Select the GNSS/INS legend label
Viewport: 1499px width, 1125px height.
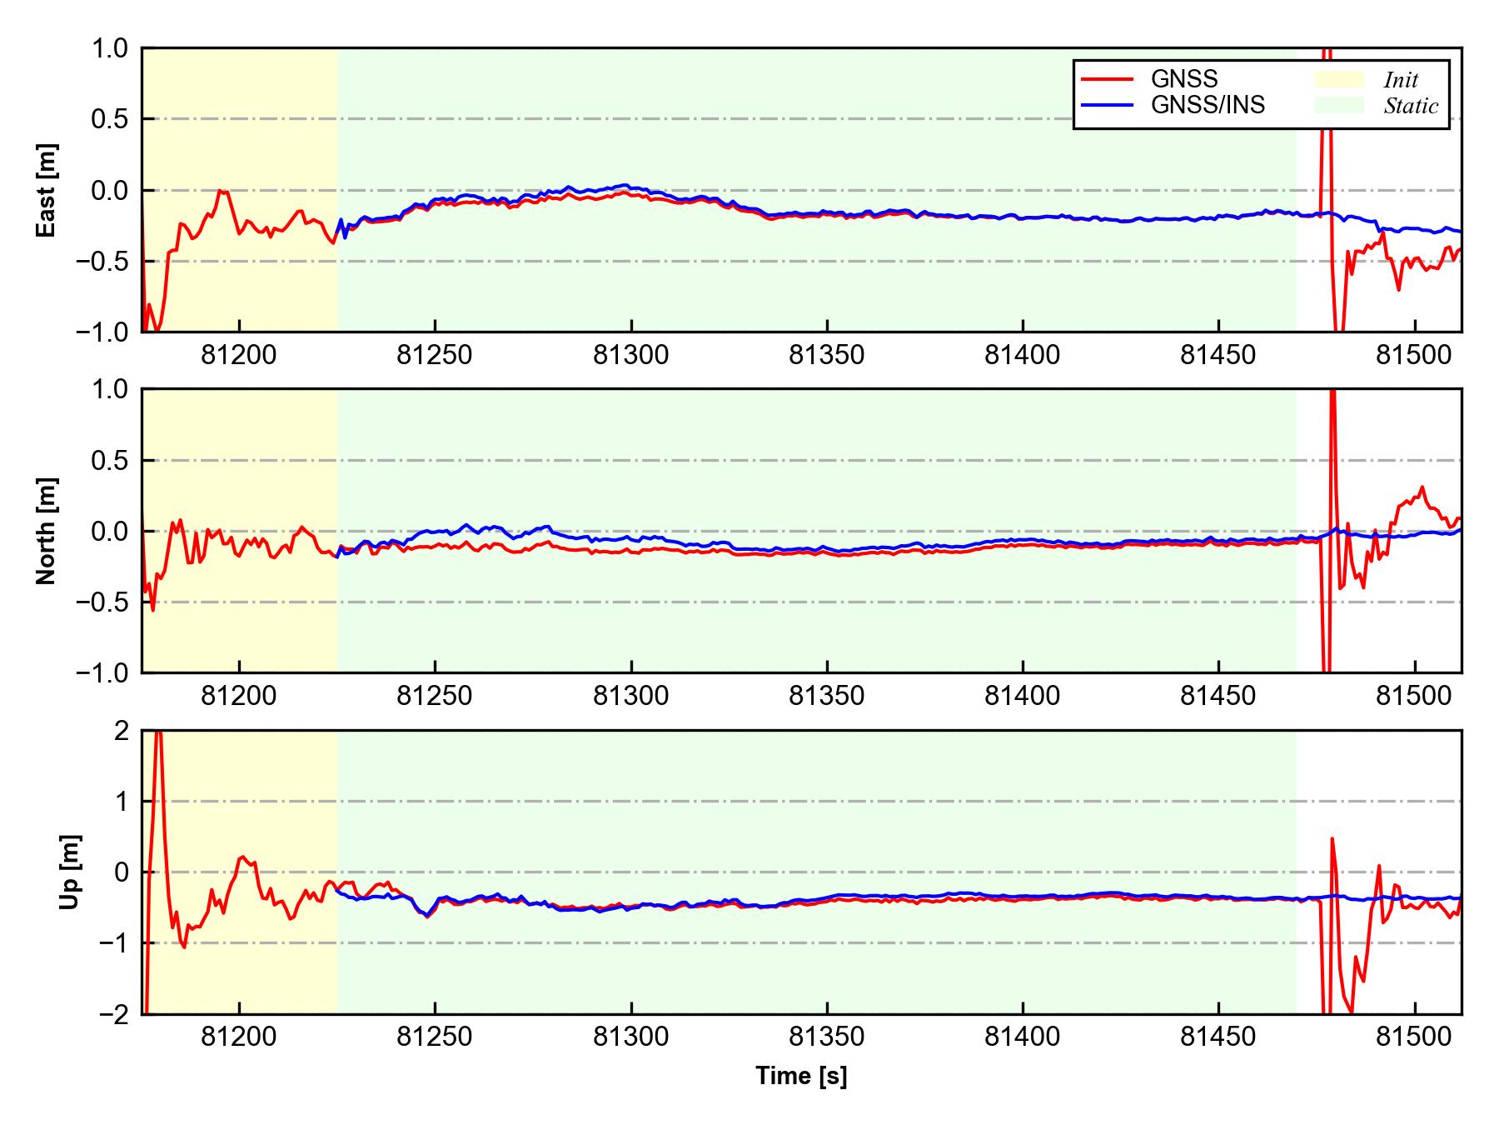pos(1208,105)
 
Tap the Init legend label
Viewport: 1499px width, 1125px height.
pos(1401,80)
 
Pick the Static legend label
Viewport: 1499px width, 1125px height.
pos(1411,106)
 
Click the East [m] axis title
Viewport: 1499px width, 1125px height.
pos(47,190)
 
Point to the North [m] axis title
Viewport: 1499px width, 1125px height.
pos(47,531)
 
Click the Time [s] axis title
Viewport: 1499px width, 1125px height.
pos(801,1076)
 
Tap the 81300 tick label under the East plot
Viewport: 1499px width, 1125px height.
pos(630,356)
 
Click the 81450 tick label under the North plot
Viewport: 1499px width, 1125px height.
pos(1218,697)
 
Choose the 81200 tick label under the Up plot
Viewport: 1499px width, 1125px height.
pos(239,1037)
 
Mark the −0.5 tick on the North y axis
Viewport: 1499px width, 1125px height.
pos(104,602)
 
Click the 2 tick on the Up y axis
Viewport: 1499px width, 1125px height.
pos(121,731)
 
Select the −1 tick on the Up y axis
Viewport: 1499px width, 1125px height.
pos(114,943)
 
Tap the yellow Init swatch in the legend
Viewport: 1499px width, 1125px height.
pos(1339,79)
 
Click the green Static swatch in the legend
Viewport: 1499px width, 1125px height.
pos(1339,105)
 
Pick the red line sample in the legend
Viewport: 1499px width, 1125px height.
pos(1107,79)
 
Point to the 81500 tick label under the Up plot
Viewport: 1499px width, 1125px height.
pos(1414,1037)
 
